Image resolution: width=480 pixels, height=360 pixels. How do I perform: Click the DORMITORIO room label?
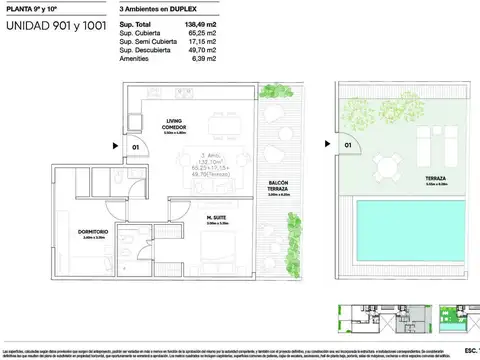[x=92, y=234]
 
